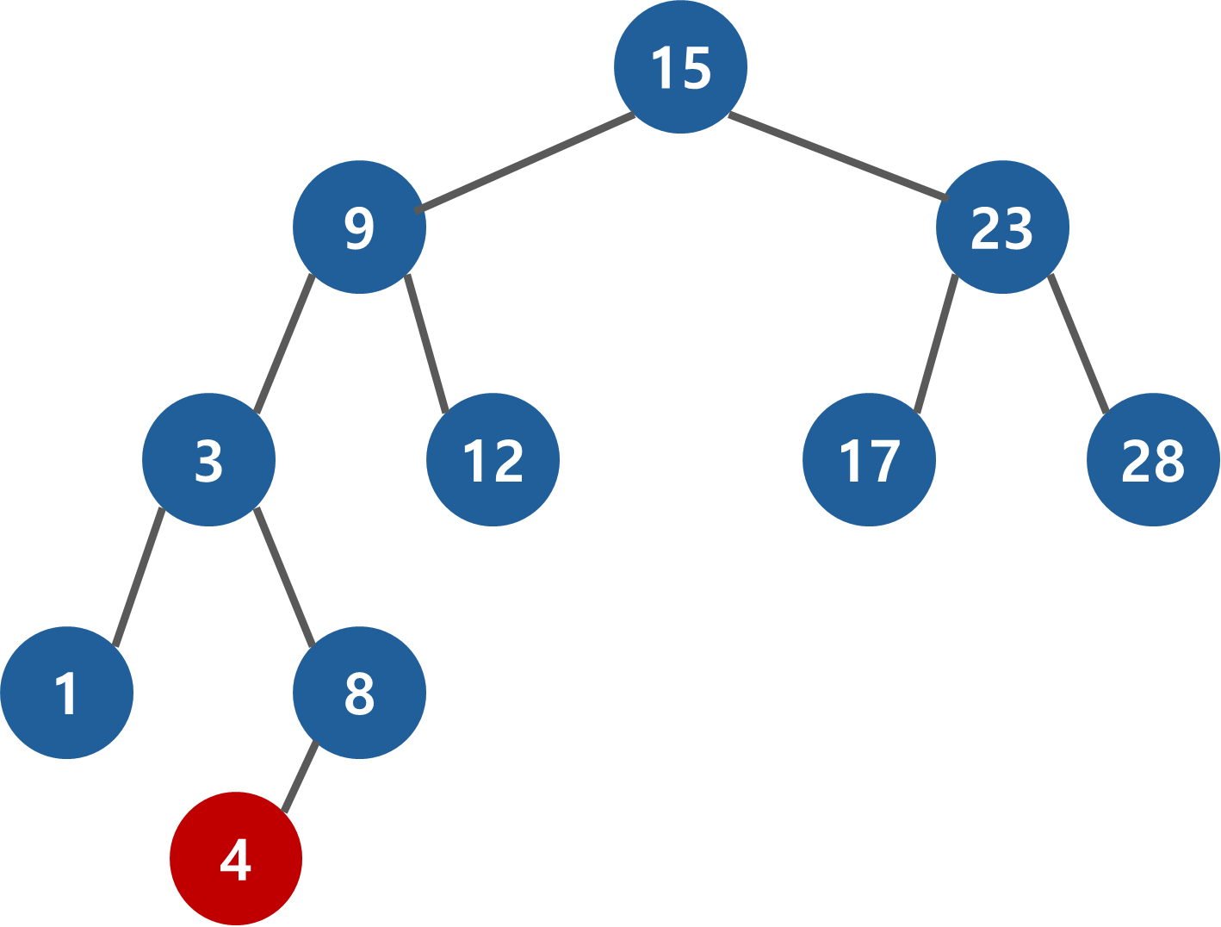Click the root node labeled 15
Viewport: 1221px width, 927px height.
[x=680, y=67]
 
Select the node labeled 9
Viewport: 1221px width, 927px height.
[x=359, y=227]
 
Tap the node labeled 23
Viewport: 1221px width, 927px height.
[x=1002, y=227]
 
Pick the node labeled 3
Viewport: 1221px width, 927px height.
[x=208, y=460]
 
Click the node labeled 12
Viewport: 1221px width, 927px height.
[x=493, y=460]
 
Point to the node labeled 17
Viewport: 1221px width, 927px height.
[x=869, y=460]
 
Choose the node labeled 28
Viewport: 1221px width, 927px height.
[x=1153, y=460]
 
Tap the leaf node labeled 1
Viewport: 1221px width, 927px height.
[x=66, y=693]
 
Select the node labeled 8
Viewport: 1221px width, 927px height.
[x=359, y=693]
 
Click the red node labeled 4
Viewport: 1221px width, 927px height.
[x=236, y=859]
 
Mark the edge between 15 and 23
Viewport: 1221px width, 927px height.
[x=837, y=156]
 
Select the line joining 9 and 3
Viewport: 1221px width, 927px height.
[x=285, y=343]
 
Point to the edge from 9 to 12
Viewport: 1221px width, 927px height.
[x=426, y=343]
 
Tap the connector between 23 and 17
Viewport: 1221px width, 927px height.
[x=936, y=343]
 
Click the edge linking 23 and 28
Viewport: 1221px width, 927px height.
[x=1078, y=343]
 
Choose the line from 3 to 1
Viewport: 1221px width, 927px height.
[x=138, y=576]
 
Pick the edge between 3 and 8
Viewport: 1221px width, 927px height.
[x=284, y=576]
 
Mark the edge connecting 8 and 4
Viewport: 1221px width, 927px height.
[x=300, y=776]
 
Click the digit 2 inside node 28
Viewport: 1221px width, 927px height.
[x=1136, y=461]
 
